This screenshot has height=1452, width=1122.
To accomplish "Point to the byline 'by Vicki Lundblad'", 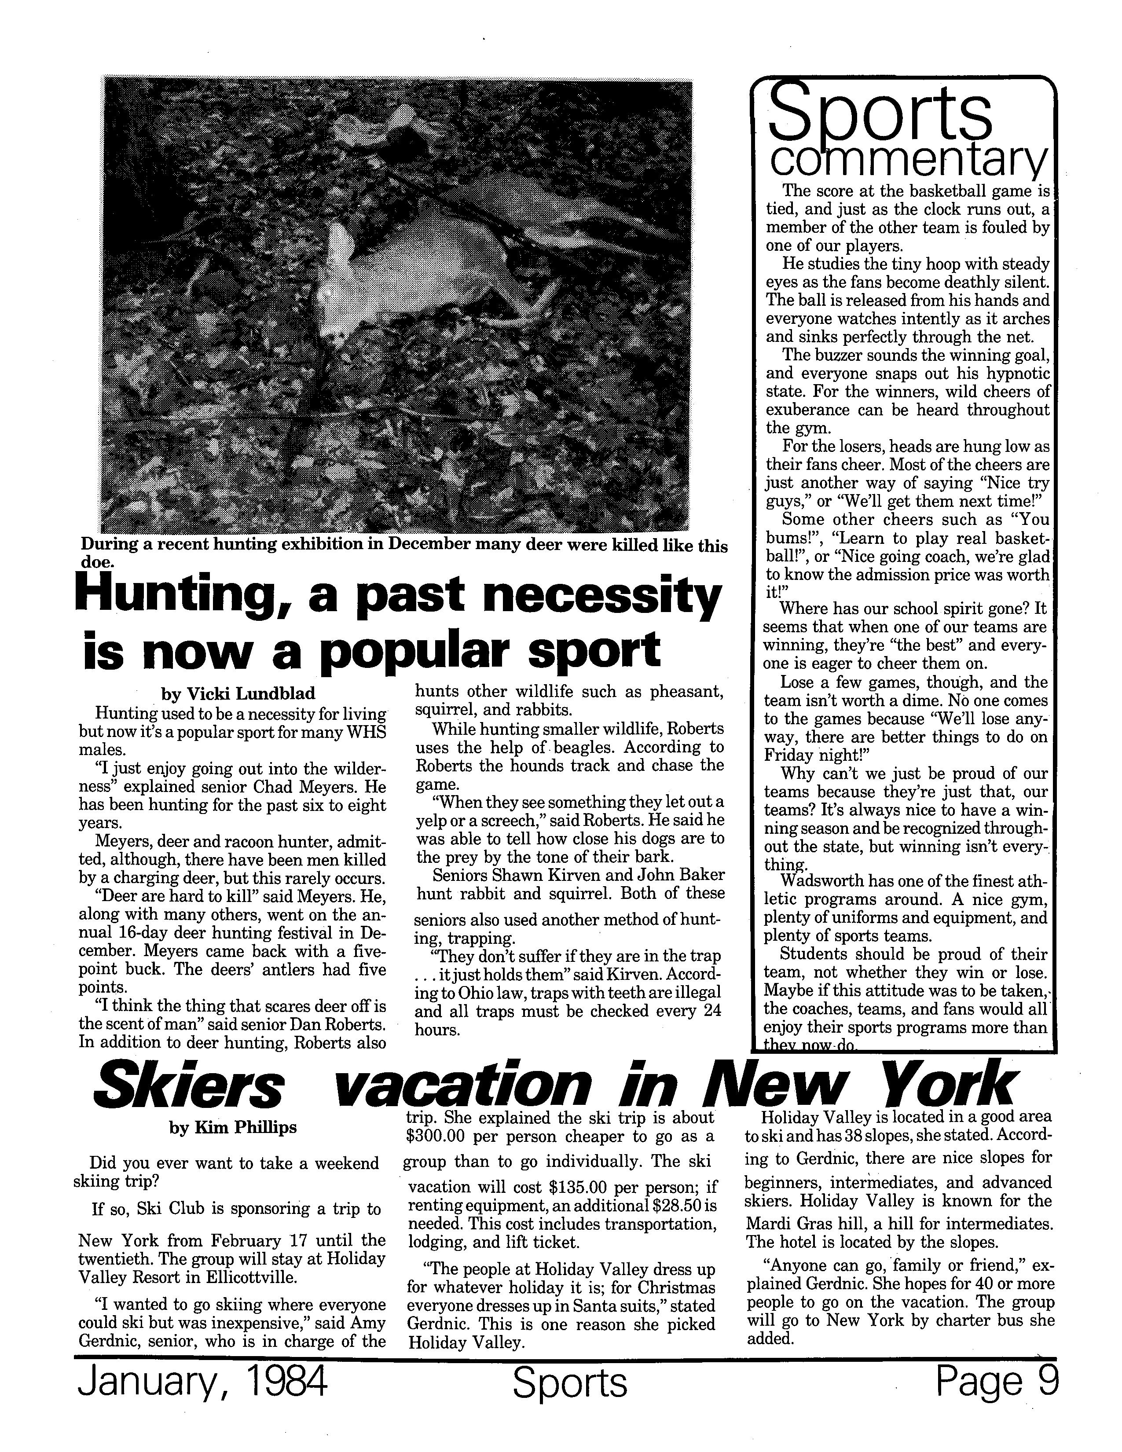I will (x=238, y=694).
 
